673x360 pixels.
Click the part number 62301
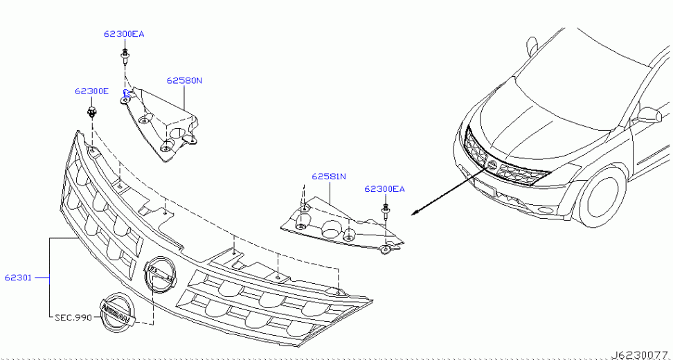click(x=19, y=278)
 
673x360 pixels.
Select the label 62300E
click(x=91, y=91)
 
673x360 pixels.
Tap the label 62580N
click(x=184, y=80)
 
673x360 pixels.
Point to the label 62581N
click(x=329, y=177)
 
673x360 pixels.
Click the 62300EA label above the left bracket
click(x=124, y=34)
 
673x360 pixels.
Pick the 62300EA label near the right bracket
click(x=384, y=188)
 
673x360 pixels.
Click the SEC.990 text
click(x=73, y=318)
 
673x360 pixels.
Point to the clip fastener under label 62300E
click(x=91, y=112)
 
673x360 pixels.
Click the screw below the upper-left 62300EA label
click(x=125, y=57)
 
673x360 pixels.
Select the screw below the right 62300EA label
click(x=386, y=213)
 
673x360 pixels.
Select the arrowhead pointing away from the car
click(x=415, y=213)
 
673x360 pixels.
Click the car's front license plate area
click(x=485, y=186)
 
